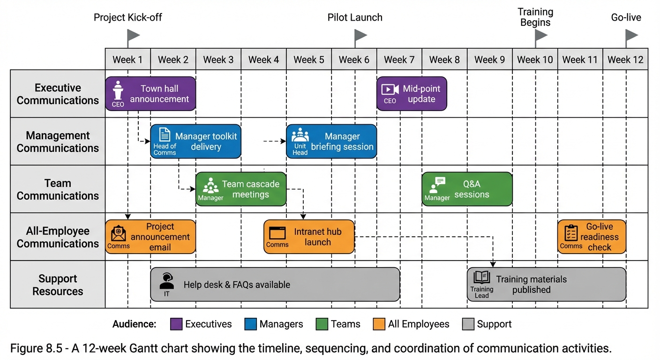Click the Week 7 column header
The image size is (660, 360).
click(x=399, y=60)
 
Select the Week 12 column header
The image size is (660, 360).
click(x=625, y=60)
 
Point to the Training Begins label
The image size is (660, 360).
click(x=535, y=17)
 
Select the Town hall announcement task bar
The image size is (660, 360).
click(x=150, y=94)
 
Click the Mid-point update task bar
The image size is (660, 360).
click(x=412, y=94)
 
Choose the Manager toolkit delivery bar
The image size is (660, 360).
click(x=195, y=142)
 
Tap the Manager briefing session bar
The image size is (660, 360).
click(x=331, y=142)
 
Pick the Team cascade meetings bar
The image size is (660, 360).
click(x=241, y=189)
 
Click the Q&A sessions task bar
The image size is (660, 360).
click(x=467, y=189)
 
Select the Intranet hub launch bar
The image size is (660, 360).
click(x=309, y=237)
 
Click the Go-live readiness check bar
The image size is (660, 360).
click(x=592, y=237)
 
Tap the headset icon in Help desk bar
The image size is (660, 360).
click(x=166, y=281)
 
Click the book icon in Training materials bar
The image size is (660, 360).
click(x=481, y=277)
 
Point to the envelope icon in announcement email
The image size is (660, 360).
click(x=118, y=233)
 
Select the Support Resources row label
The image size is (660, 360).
click(x=58, y=285)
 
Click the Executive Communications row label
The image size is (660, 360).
click(x=58, y=94)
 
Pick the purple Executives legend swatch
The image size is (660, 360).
click(x=176, y=324)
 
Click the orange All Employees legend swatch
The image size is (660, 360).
click(x=379, y=324)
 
